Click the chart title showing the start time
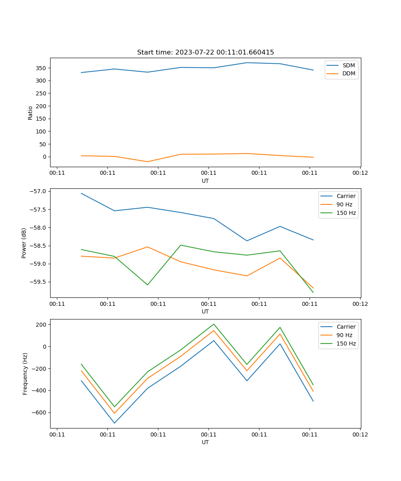click(x=205, y=53)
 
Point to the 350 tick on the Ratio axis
click(x=41, y=68)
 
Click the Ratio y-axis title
click(x=30, y=113)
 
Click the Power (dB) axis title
click(x=24, y=243)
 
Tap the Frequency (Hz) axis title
click(x=25, y=374)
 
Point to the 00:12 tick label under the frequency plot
click(x=360, y=435)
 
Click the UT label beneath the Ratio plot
click(x=205, y=181)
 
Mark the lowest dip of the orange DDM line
click(x=147, y=162)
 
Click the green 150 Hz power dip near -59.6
click(x=147, y=285)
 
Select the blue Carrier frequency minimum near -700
click(x=114, y=423)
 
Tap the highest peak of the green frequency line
click(x=214, y=324)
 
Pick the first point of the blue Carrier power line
click(x=81, y=193)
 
